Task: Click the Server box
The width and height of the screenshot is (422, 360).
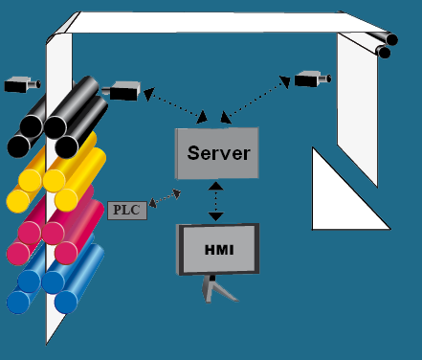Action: tap(217, 153)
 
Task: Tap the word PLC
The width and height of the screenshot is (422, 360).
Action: tap(126, 210)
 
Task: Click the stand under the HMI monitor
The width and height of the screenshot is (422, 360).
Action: tap(217, 289)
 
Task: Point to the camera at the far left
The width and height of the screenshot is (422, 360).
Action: tap(22, 84)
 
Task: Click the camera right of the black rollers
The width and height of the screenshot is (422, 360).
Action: tap(122, 91)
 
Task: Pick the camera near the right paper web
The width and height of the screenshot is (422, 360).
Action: tap(312, 79)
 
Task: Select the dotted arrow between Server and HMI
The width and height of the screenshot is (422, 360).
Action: tap(216, 201)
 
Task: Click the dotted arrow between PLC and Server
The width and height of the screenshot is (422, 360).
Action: tap(165, 198)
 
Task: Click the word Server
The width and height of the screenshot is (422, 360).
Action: tap(219, 153)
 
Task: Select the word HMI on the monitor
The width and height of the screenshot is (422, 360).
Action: tap(219, 250)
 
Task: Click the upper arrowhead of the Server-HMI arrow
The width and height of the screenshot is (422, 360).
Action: tap(216, 186)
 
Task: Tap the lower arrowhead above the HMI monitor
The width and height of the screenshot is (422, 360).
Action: tap(216, 217)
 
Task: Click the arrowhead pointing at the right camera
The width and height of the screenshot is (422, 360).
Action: tap(285, 81)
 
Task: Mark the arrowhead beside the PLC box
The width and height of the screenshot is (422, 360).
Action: tap(153, 203)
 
